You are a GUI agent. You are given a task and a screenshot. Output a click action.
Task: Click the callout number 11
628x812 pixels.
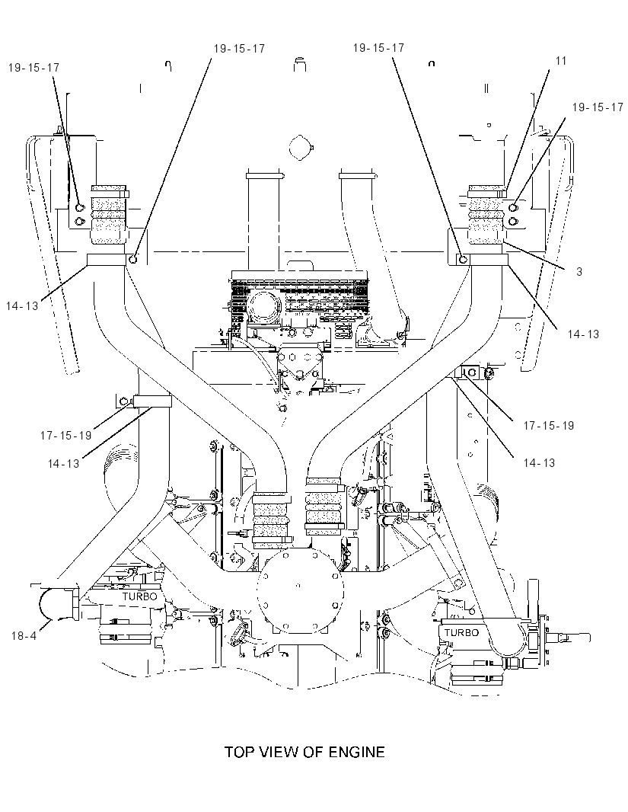561,61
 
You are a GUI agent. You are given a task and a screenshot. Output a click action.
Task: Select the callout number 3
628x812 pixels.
579,271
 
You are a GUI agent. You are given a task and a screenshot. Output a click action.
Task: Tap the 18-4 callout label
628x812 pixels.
24,635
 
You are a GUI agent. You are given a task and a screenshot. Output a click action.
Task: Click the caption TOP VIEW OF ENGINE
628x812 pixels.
304,751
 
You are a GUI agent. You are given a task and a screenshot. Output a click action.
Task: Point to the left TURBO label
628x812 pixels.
139,596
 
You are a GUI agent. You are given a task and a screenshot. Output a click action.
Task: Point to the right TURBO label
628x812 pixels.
461,632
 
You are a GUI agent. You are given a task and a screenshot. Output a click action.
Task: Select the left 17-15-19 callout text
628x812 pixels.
65,436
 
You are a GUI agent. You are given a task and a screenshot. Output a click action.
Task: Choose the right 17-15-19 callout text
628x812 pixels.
549,426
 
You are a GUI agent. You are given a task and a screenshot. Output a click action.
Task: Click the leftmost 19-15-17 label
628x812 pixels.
33,67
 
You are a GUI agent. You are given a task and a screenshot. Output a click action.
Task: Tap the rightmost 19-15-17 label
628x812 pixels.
598,107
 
